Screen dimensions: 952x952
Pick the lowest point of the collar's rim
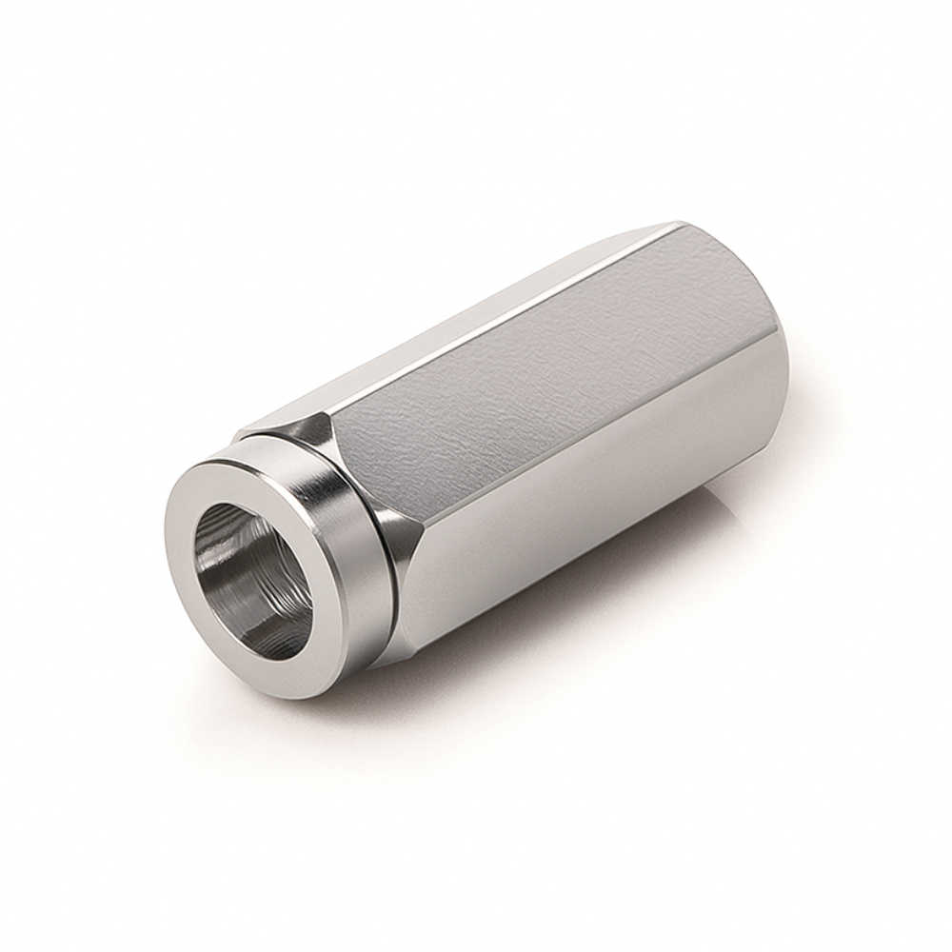[267, 699]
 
